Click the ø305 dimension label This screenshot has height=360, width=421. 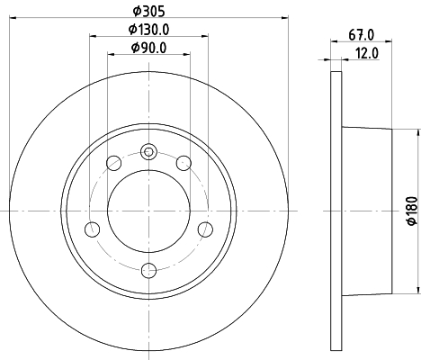pyautogui.click(x=148, y=12)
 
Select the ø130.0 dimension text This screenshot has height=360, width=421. pyautogui.click(x=148, y=30)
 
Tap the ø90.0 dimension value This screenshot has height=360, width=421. pyautogui.click(x=148, y=48)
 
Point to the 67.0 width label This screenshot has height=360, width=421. pyautogui.click(x=362, y=35)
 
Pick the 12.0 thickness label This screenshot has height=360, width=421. pyautogui.click(x=367, y=53)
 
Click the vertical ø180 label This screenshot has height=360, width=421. pyautogui.click(x=412, y=211)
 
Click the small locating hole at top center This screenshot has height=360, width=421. pyautogui.click(x=148, y=152)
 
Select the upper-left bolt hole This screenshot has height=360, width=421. pyautogui.click(x=114, y=163)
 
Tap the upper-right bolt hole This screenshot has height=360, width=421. pyautogui.click(x=184, y=163)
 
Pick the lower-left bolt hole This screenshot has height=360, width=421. pyautogui.click(x=93, y=229)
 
